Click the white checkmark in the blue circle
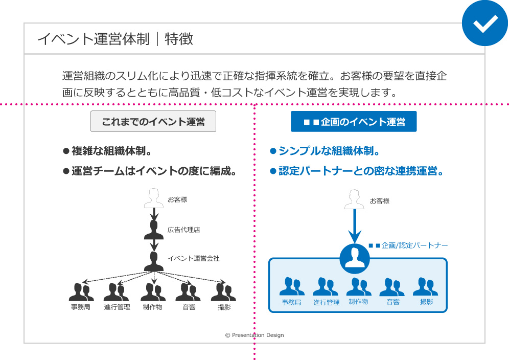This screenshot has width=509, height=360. [x=485, y=23]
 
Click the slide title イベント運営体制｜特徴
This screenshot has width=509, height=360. [x=115, y=39]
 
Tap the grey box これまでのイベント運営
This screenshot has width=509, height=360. [x=153, y=122]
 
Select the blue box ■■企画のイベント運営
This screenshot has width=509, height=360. [x=354, y=122]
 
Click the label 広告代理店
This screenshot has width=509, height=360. [x=183, y=230]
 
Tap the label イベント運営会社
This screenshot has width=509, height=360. [x=193, y=258]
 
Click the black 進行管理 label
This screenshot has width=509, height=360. [x=117, y=307]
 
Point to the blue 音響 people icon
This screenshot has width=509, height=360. [x=392, y=287]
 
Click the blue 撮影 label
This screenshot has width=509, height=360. [x=426, y=302]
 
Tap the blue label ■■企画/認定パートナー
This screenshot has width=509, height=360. [x=408, y=245]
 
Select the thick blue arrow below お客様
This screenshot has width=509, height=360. [x=354, y=225]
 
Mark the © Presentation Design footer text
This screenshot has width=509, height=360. [x=254, y=335]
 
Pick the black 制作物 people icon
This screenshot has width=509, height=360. [x=153, y=291]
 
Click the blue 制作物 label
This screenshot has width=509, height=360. [x=358, y=302]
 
